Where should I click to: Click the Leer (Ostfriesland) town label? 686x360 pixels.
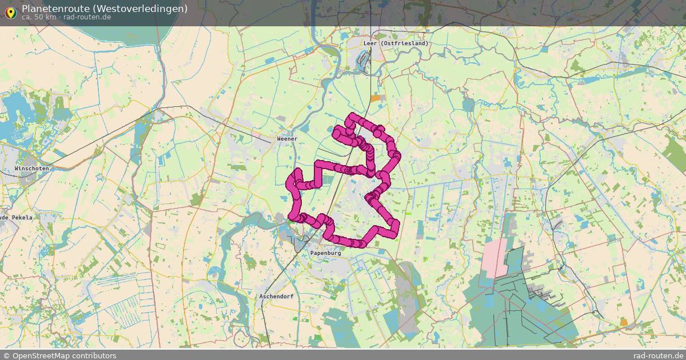pyautogui.click(x=396, y=43)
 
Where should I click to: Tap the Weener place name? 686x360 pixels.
pyautogui.click(x=287, y=139)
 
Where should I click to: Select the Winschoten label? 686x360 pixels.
pyautogui.click(x=32, y=169)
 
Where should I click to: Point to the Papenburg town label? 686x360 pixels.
pyautogui.click(x=325, y=252)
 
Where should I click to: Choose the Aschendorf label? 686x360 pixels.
pyautogui.click(x=276, y=297)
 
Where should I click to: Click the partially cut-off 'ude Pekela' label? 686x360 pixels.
pyautogui.click(x=16, y=218)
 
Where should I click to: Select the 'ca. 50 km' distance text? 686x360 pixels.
pyautogui.click(x=38, y=17)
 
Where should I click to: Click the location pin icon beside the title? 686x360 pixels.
pyautogui.click(x=10, y=10)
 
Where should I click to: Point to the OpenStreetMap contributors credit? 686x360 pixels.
pyautogui.click(x=59, y=355)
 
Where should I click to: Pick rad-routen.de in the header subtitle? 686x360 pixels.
pyautogui.click(x=87, y=17)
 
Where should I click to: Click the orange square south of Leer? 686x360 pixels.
pyautogui.click(x=375, y=98)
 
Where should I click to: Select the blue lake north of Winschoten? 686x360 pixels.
pyautogui.click(x=14, y=111)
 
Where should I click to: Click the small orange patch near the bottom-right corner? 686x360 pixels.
pyautogui.click(x=624, y=322)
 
